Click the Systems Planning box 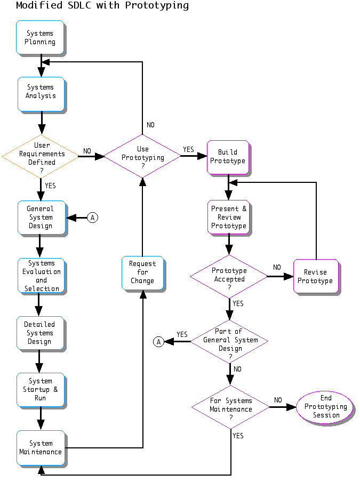point(40,37)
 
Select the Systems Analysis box point(41,92)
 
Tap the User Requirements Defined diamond point(41,156)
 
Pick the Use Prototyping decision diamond point(142,156)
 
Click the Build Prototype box point(228,156)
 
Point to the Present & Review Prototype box point(229,217)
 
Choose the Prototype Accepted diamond point(229,276)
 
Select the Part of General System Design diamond point(230,340)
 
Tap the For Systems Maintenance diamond point(230,407)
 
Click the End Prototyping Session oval point(325,407)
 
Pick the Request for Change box point(142,272)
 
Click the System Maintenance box point(41,447)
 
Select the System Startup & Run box point(41,389)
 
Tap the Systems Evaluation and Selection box point(41,276)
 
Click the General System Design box point(41,217)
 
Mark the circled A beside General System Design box point(93,218)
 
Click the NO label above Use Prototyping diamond point(150,125)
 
